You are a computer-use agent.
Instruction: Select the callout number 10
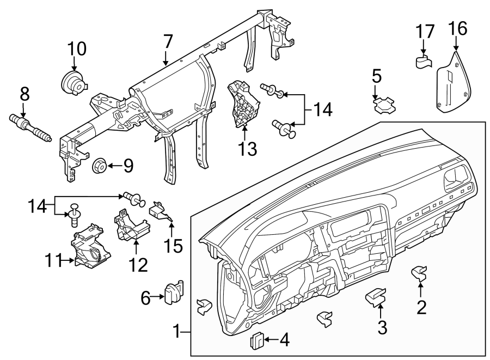77,49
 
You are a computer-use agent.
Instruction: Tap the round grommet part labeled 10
73,83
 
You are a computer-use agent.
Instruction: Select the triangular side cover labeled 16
453,82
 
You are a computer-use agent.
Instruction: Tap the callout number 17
426,32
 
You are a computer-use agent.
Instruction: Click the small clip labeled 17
424,61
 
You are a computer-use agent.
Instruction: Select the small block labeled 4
256,341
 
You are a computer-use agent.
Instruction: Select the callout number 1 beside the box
176,331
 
